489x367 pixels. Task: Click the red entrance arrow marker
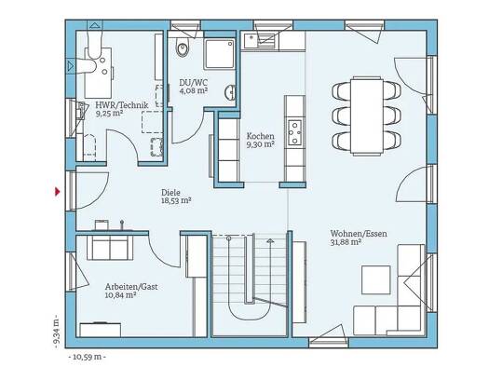tap(58, 192)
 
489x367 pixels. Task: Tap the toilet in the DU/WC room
tap(183, 48)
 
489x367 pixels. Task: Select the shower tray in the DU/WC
tap(219, 54)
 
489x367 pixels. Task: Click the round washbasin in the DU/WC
tap(230, 92)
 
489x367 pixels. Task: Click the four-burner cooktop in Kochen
tap(294, 132)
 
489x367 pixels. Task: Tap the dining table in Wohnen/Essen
tap(367, 116)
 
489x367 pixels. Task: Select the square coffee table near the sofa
tap(375, 279)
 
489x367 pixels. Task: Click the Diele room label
tap(170, 193)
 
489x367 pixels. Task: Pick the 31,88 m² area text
tap(346, 241)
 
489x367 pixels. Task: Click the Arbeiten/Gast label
tap(131, 287)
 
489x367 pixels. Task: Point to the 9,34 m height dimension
tap(56, 332)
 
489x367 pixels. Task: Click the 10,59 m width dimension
tap(87, 357)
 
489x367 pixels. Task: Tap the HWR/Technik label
tap(122, 105)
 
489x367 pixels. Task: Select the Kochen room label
tap(261, 136)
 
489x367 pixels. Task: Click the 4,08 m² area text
tap(194, 90)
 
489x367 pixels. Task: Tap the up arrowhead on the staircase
tap(270, 240)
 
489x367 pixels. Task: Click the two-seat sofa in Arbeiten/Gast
tap(110, 248)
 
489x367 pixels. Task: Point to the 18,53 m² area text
tap(176, 200)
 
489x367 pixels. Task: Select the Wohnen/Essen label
tap(359, 233)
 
